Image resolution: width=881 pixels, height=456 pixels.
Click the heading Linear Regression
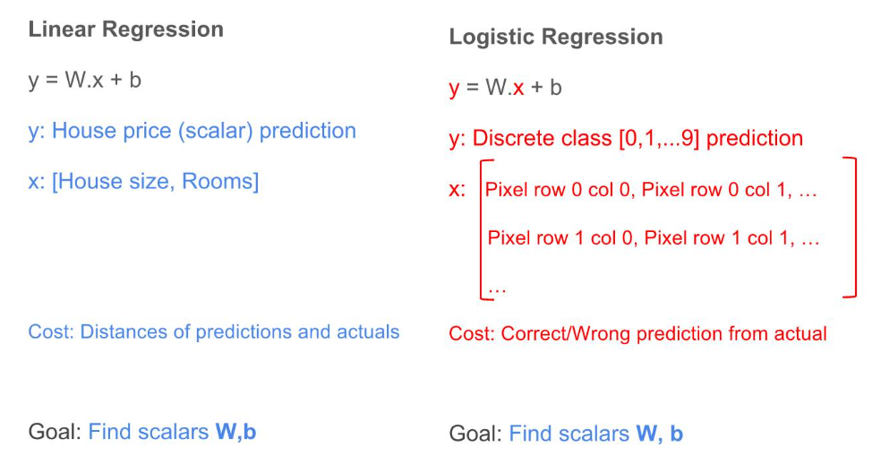[125, 29]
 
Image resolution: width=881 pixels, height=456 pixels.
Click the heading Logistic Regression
[555, 37]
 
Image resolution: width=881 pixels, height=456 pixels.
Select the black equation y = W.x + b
[85, 80]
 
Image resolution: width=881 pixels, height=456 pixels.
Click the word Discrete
[513, 139]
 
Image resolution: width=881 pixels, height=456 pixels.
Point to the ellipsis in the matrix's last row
[497, 288]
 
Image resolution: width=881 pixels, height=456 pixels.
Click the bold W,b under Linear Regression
[235, 432]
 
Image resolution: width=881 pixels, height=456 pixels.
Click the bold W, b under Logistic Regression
[659, 434]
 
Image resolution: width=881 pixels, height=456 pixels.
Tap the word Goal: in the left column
[55, 432]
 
